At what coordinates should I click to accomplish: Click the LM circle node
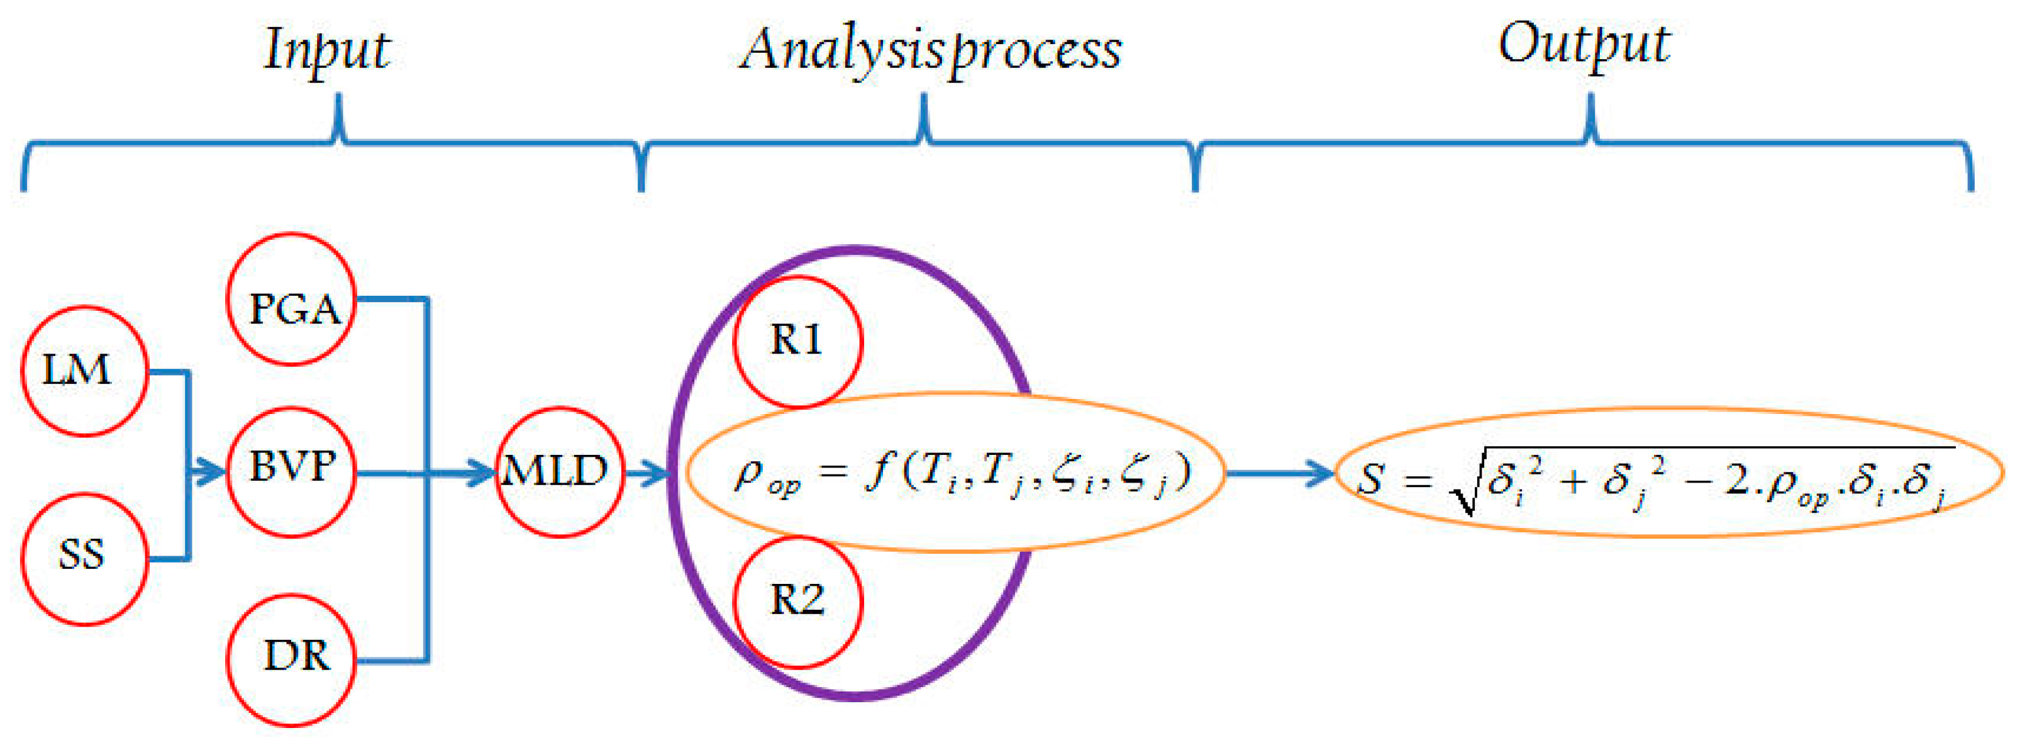84,370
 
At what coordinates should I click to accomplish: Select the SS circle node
84,558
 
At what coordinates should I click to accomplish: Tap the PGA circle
292,300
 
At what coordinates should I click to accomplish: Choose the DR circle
292,659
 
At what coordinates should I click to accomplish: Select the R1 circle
797,341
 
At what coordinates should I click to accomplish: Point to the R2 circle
797,602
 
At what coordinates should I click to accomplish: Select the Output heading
1584,45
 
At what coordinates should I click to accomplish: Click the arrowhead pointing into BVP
212,472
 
